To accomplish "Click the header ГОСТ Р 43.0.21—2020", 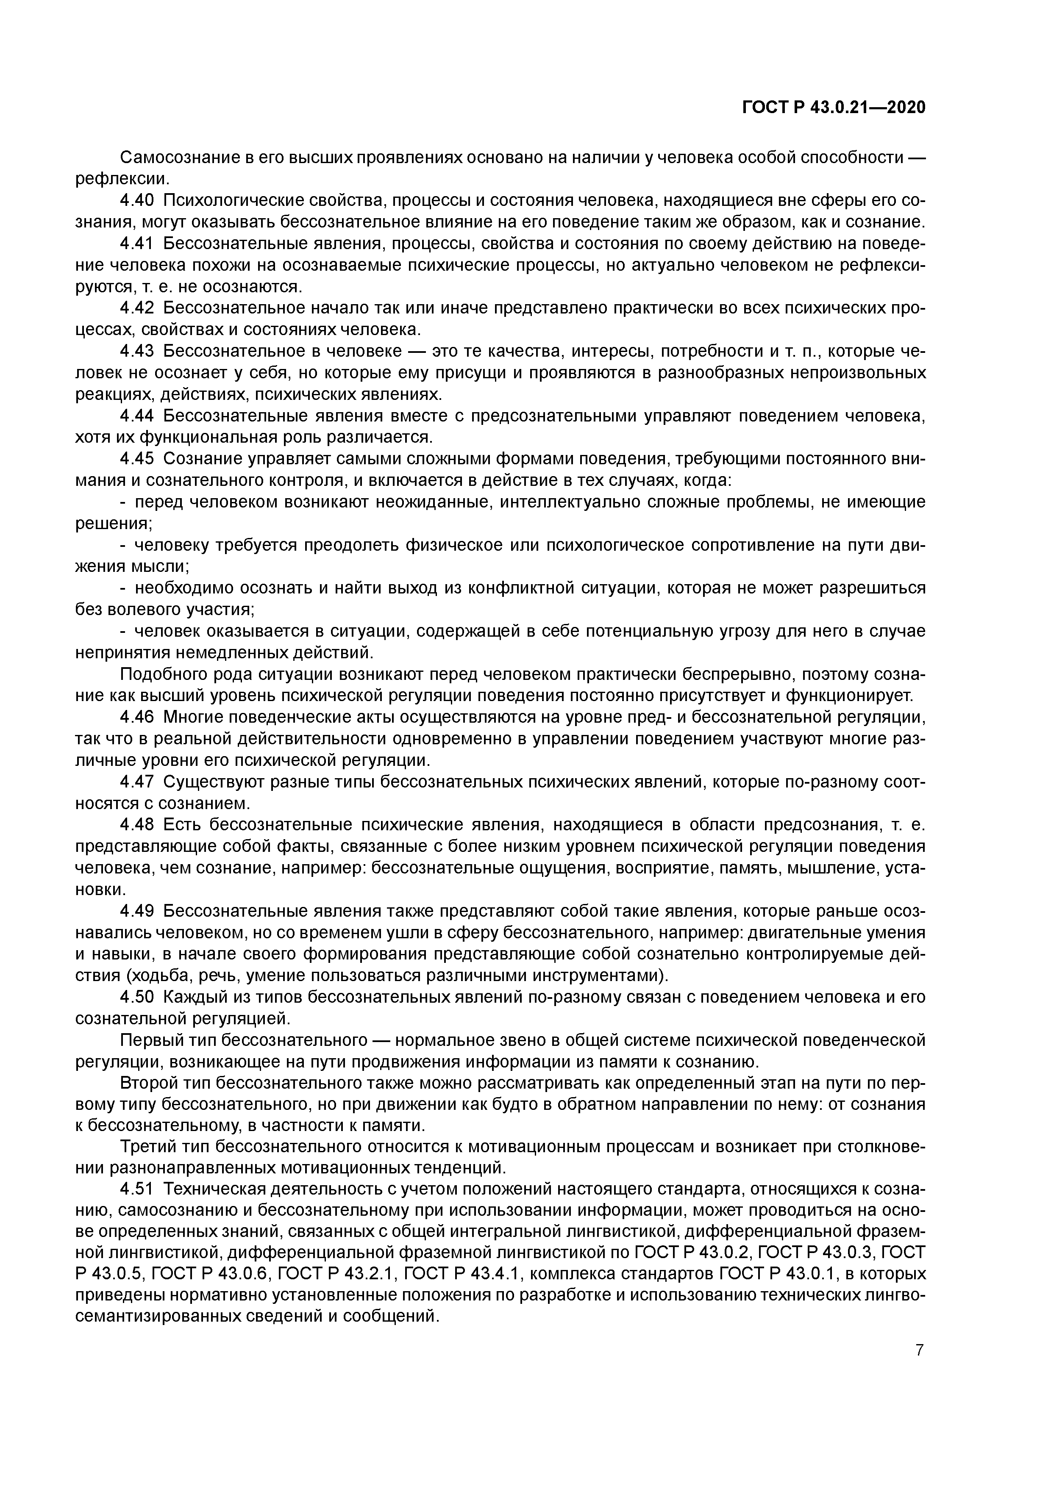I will coord(834,108).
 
